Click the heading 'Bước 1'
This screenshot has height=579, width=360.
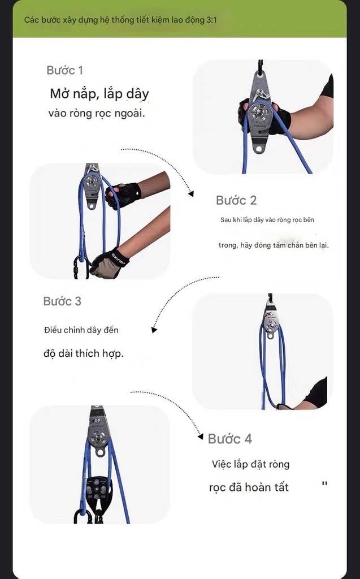coord(64,70)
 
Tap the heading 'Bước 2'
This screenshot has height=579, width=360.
coord(236,200)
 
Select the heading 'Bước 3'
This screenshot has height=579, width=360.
coord(62,301)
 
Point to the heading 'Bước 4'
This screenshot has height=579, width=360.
coord(230,439)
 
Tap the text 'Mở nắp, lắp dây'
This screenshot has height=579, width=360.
coord(99,93)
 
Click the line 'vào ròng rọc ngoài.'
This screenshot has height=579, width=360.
coord(97,114)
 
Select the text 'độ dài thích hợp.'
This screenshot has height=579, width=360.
coord(83,353)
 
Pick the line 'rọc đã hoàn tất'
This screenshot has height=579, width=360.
coord(249,487)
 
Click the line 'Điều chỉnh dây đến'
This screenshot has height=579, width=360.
coord(81,330)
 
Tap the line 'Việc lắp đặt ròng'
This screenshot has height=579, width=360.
coord(250,464)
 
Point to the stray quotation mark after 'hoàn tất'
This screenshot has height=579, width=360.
coord(324,484)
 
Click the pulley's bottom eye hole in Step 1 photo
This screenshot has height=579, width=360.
coord(259,149)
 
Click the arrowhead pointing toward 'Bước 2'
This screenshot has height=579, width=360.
coord(191,193)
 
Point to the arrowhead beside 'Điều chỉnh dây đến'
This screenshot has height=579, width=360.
coord(153,330)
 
